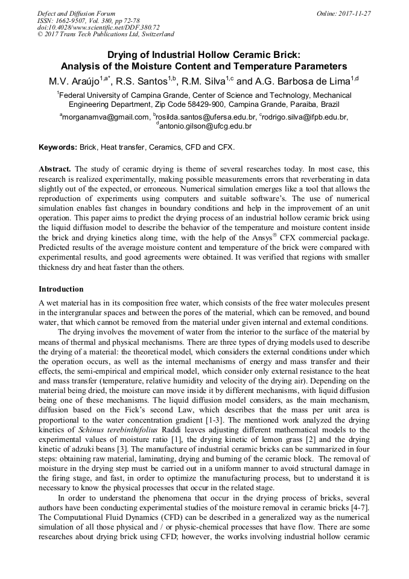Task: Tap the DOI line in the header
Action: click(x=98, y=27)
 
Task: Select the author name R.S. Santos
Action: click(x=145, y=80)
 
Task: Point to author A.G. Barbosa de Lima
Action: click(x=303, y=80)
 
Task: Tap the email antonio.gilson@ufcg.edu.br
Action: click(x=205, y=126)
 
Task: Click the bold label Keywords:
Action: click(x=58, y=147)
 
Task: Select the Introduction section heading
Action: click(x=61, y=289)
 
